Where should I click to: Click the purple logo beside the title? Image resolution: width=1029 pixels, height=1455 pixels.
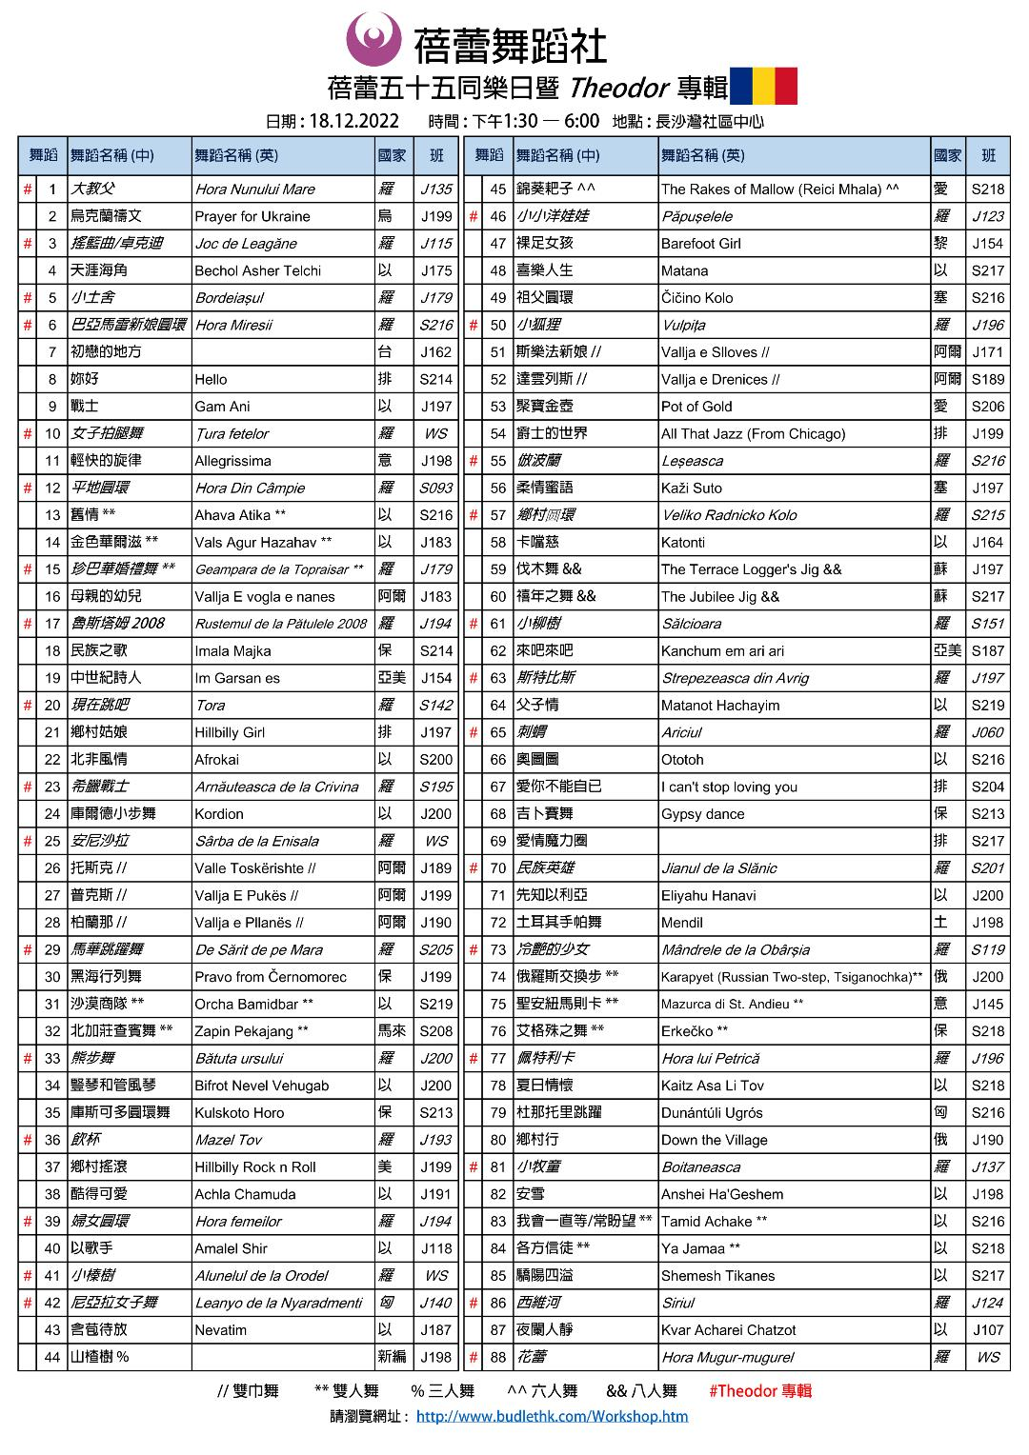pyautogui.click(x=373, y=40)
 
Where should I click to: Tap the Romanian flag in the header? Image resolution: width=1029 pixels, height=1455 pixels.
pyautogui.click(x=762, y=86)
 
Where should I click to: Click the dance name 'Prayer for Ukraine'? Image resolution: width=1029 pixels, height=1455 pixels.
pyautogui.click(x=252, y=216)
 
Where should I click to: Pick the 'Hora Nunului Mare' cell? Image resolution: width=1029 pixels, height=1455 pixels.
pyautogui.click(x=254, y=189)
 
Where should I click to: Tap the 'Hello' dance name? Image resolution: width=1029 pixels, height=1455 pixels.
pyautogui.click(x=211, y=379)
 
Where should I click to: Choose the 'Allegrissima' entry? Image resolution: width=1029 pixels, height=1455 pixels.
pyautogui.click(x=232, y=461)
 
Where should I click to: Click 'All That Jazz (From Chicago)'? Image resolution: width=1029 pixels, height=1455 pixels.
pyautogui.click(x=753, y=433)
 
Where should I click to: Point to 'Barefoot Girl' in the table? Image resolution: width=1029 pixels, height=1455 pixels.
pyautogui.click(x=700, y=244)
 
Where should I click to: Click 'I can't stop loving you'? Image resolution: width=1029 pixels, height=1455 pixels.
pyautogui.click(x=729, y=787)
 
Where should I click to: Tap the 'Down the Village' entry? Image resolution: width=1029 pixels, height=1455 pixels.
pyautogui.click(x=714, y=1140)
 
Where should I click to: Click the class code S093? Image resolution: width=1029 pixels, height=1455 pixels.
pyautogui.click(x=435, y=488)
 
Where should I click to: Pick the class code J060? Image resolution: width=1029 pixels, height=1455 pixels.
pyautogui.click(x=987, y=732)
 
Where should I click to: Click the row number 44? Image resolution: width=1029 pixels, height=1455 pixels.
pyautogui.click(x=52, y=1357)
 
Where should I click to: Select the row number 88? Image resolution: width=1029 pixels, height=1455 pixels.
pyautogui.click(x=497, y=1357)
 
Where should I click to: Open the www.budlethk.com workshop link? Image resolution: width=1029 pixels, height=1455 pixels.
pyautogui.click(x=552, y=1416)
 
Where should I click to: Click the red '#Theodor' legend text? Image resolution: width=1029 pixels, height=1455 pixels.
pyautogui.click(x=759, y=1390)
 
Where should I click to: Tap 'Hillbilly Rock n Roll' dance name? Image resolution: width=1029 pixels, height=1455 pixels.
pyautogui.click(x=254, y=1166)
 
